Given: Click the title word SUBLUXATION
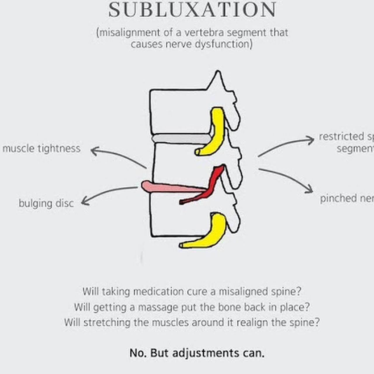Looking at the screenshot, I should click(x=192, y=10).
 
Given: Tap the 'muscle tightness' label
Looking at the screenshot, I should click(x=41, y=148).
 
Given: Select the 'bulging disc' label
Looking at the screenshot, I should click(x=46, y=203).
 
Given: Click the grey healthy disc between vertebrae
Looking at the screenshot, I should click(x=181, y=138).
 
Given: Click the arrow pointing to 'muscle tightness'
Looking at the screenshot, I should click(x=117, y=156).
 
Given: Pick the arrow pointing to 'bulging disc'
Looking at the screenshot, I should click(x=108, y=193).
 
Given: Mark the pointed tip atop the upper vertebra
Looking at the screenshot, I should click(x=218, y=72).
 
